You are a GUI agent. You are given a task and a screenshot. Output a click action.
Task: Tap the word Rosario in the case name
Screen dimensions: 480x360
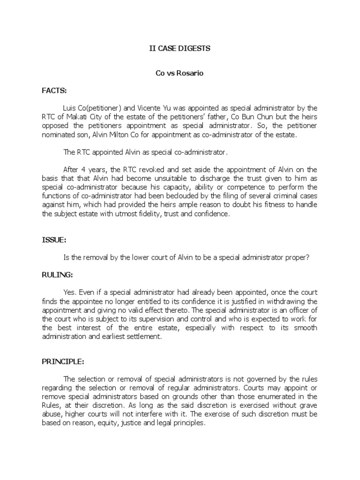click(192, 73)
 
